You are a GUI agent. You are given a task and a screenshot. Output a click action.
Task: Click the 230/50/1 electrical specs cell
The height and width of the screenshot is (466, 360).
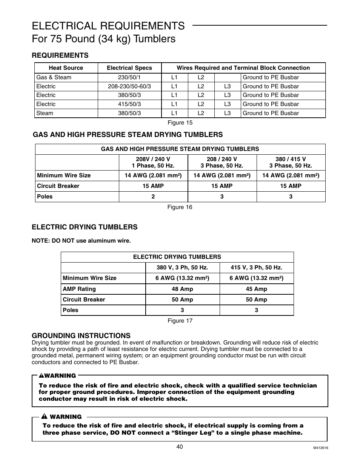tap(129, 77)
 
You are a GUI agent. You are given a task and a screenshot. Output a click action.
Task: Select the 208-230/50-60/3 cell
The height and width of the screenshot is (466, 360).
tap(129, 86)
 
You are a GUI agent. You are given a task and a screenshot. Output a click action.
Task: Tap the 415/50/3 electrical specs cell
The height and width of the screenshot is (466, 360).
tap(129, 104)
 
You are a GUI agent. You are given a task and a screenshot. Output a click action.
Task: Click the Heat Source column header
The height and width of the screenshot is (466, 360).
tap(66, 68)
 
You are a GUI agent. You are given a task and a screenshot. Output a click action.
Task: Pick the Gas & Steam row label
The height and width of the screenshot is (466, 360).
tap(54, 77)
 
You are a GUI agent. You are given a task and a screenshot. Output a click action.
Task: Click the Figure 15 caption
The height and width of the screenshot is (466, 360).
tap(180, 123)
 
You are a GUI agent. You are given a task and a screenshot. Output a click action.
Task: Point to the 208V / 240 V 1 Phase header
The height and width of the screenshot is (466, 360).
tap(153, 162)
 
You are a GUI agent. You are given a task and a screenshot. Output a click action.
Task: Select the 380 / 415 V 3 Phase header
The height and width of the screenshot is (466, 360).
tap(291, 162)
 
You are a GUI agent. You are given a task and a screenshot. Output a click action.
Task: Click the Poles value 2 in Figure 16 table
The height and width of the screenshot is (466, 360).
tap(153, 197)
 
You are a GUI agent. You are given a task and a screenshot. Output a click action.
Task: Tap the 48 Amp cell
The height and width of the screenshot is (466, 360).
tap(182, 289)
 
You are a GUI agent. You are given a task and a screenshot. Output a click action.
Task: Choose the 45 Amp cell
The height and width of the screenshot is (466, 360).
tap(256, 289)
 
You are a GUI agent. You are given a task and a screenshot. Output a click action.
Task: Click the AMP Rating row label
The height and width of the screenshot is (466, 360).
tap(79, 289)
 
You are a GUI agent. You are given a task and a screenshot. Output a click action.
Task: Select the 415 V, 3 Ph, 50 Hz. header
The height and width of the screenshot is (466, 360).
tap(256, 268)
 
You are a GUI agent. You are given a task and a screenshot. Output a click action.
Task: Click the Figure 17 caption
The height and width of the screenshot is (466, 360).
tap(180, 321)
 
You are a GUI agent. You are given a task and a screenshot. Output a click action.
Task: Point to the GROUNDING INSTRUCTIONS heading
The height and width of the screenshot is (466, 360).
tap(81, 335)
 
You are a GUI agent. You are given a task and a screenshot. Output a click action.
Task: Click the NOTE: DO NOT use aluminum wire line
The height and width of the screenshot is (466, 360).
tap(81, 241)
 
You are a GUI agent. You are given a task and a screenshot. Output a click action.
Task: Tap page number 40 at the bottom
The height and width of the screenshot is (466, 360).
tap(179, 447)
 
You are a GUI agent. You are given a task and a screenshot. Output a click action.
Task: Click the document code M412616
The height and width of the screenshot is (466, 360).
tap(320, 448)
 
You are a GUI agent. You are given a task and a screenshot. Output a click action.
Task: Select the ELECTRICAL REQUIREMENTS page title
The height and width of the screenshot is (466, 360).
tap(108, 26)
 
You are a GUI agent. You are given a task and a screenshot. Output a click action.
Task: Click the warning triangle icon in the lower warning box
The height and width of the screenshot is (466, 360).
tap(44, 417)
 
